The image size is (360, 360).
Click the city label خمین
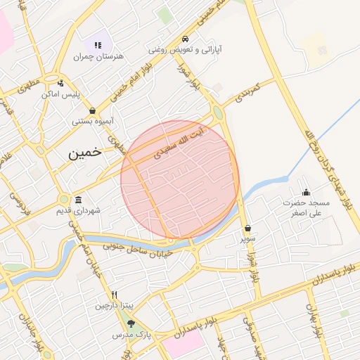click(84, 151)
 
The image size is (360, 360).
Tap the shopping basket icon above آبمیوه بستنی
click(93, 110)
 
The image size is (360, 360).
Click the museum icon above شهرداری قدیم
click(77, 199)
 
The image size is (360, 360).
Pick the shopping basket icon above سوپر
click(248, 228)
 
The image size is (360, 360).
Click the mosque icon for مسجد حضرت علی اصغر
click(306, 192)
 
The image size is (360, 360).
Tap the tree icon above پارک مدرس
click(131, 323)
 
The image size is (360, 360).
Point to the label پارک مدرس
click(131, 335)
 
